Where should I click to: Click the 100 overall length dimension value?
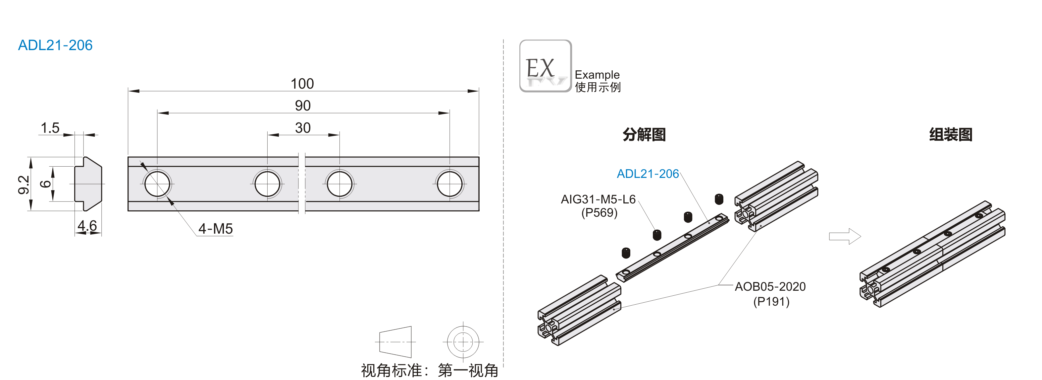click(x=302, y=84)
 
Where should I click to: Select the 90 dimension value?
click(x=303, y=106)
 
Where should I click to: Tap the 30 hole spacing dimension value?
click(x=303, y=128)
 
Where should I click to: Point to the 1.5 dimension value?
click(x=50, y=128)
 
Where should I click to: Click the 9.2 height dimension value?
click(x=24, y=185)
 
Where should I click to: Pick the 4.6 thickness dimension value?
click(x=87, y=226)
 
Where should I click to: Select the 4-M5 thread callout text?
click(x=215, y=229)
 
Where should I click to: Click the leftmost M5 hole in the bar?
click(x=157, y=184)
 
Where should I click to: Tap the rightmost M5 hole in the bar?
click(x=449, y=184)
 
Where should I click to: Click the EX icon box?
click(x=545, y=66)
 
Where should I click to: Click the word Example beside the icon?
click(x=597, y=75)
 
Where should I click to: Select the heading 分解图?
click(x=644, y=134)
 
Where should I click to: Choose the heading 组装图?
click(x=951, y=134)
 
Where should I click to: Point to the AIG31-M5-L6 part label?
click(x=598, y=199)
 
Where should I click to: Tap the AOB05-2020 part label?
click(x=770, y=287)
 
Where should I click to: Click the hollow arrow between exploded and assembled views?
click(x=845, y=236)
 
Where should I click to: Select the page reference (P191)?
click(x=771, y=302)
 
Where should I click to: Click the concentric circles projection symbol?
click(x=463, y=342)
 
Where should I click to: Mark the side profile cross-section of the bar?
click(x=88, y=184)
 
